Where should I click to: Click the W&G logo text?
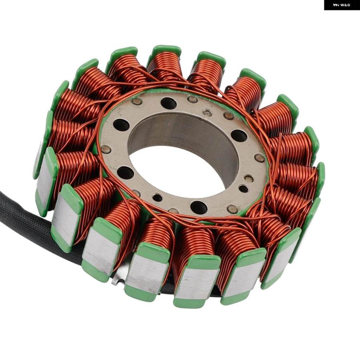pos(342,5)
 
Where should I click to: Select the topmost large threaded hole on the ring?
pos(168,103)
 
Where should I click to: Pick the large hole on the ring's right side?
pos(239,136)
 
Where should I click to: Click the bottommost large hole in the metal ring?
pos(199,207)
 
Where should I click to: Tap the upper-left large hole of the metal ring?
pos(121,125)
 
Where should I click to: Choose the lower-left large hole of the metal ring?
pos(125,173)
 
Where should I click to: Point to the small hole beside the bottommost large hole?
pos(158,198)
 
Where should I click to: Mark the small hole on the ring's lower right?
pos(243,188)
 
